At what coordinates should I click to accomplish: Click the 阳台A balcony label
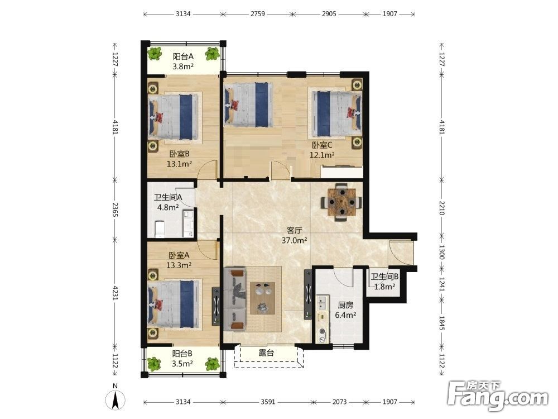(x=183, y=56)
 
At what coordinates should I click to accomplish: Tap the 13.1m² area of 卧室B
(x=179, y=164)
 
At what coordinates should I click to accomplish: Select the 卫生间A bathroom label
(x=168, y=197)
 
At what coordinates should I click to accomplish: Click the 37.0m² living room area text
(x=294, y=240)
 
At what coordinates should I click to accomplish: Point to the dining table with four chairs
(x=341, y=202)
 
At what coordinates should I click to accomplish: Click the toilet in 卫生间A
(x=160, y=229)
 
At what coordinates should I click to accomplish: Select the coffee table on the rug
(x=263, y=298)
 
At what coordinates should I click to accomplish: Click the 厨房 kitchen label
(x=345, y=306)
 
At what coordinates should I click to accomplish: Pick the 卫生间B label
(x=384, y=277)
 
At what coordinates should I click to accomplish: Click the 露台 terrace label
(x=266, y=353)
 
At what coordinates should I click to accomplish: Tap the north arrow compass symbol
(x=116, y=399)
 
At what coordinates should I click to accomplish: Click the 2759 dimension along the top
(x=258, y=14)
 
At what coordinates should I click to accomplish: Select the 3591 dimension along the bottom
(x=268, y=402)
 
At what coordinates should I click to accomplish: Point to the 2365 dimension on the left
(x=115, y=209)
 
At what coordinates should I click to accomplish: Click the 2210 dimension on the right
(x=441, y=208)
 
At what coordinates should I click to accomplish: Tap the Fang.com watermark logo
(x=498, y=396)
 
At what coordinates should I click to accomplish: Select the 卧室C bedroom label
(x=322, y=145)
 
